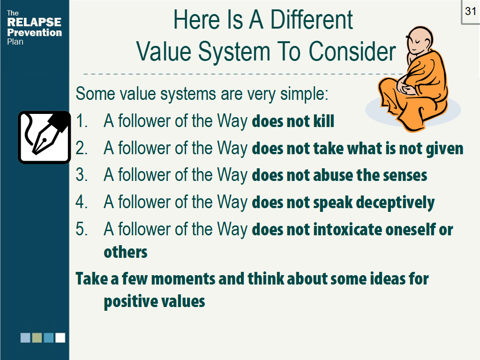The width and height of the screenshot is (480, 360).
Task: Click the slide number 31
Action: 471,11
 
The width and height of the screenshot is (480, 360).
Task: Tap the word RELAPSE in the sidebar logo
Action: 34,22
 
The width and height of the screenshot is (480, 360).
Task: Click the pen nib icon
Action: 45,137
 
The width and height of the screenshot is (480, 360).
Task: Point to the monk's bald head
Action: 420,39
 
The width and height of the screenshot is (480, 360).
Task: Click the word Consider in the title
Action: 352,51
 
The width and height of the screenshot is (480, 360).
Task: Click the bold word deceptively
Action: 395,203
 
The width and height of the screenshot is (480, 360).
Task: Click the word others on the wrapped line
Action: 126,252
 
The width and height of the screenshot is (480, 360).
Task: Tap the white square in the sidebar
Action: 60,337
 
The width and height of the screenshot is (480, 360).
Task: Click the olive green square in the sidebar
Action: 37,337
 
